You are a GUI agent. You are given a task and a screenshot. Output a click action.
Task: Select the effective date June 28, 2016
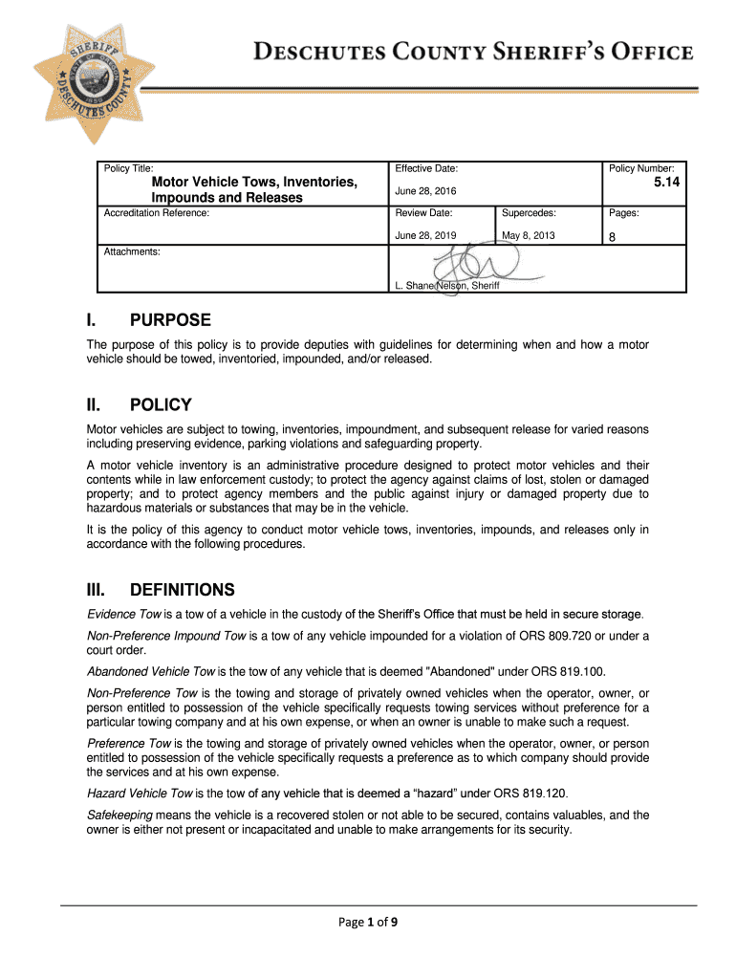click(x=425, y=191)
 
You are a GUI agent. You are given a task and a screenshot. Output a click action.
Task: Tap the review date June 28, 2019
click(x=425, y=235)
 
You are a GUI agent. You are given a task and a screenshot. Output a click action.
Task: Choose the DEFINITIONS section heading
click(x=182, y=589)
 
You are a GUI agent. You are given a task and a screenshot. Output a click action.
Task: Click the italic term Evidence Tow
click(x=122, y=614)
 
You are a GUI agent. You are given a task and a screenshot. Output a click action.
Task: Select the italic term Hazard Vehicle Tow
click(x=140, y=793)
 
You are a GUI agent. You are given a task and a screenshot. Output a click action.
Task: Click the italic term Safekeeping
click(x=119, y=815)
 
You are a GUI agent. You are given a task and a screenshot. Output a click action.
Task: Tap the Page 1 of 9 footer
click(x=368, y=923)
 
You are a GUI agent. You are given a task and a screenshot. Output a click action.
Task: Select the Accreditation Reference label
click(x=156, y=212)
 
